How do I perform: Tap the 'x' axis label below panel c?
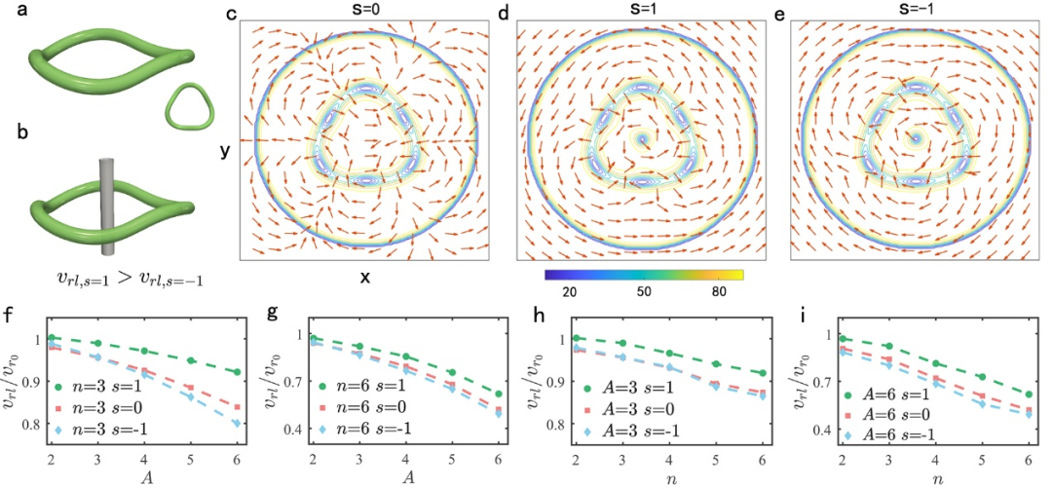(364, 277)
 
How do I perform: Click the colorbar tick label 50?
(645, 291)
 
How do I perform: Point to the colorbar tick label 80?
(721, 291)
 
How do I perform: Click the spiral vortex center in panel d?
(641, 139)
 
